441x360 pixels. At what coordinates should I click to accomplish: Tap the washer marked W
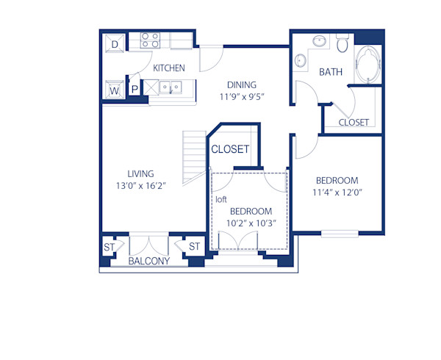[x=115, y=90]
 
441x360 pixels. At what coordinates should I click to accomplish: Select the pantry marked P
[x=135, y=90]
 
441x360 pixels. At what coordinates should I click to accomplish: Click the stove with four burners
[x=151, y=40]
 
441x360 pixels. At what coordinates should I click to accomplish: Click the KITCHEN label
[x=168, y=68]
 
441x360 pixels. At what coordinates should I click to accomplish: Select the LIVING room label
[x=140, y=173]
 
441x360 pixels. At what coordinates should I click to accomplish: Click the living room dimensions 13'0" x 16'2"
[x=140, y=186]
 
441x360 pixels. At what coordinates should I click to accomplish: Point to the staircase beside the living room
[x=194, y=156]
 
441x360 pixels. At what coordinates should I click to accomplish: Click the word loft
[x=221, y=199]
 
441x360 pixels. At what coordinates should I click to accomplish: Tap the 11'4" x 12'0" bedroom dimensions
[x=337, y=193]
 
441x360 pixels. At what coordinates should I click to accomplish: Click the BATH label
[x=331, y=72]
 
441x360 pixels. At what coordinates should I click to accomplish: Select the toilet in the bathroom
[x=341, y=45]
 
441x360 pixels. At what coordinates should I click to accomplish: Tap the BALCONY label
[x=148, y=262]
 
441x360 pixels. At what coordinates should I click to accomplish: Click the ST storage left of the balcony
[x=109, y=246]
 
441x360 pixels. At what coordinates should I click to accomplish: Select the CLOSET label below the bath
[x=354, y=123]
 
